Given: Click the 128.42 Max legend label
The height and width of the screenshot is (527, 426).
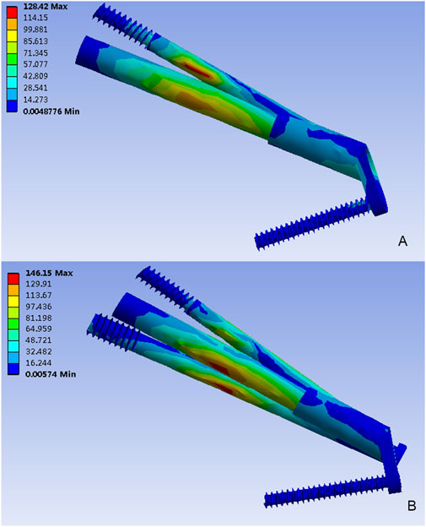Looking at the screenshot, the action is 45,7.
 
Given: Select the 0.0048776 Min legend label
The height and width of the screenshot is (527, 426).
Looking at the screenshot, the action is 51,111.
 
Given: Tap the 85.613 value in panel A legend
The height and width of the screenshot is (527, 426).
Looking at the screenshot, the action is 35,41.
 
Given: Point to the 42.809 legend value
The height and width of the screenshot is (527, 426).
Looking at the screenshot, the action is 35,76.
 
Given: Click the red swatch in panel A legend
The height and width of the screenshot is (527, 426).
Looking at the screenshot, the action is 12,12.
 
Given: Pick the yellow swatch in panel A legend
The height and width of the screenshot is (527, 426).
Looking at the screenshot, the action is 12,35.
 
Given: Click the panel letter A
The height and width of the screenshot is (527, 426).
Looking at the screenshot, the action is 402,241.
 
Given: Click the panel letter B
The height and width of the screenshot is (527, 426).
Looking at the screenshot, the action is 412,506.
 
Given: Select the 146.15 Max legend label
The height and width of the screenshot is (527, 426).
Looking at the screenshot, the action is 49,273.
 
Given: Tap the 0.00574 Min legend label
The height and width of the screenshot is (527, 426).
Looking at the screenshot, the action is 51,374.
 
